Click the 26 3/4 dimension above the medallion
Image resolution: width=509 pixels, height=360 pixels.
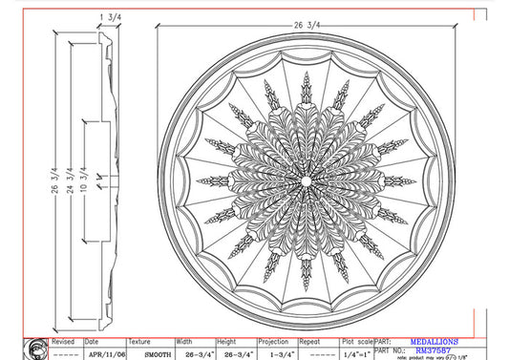pos(305,22)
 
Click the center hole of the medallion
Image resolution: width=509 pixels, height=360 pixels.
pos(306,180)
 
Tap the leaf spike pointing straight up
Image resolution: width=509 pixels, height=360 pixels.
pos(306,88)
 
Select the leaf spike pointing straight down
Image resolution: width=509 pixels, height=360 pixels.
pos(306,271)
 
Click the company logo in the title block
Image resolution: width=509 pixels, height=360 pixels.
pos(37,348)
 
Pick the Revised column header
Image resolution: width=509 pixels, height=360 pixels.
pos(63,340)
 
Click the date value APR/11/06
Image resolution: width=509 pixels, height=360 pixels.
pos(104,353)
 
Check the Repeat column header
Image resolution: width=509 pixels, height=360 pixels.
pos(311,340)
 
